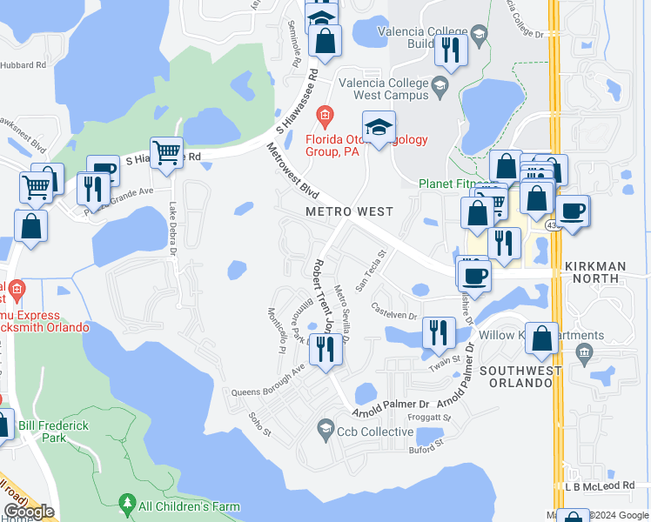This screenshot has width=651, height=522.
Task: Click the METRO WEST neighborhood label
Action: click(x=349, y=211)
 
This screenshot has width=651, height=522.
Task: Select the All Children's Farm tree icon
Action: click(x=128, y=504)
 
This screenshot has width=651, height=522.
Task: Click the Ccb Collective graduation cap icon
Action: click(x=325, y=425)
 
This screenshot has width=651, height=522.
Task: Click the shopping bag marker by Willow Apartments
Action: click(x=542, y=338)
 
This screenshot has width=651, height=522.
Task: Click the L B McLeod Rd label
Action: click(x=600, y=485)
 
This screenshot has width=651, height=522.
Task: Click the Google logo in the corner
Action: click(x=28, y=512)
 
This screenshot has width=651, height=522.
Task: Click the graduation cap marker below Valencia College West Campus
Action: click(x=379, y=129)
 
